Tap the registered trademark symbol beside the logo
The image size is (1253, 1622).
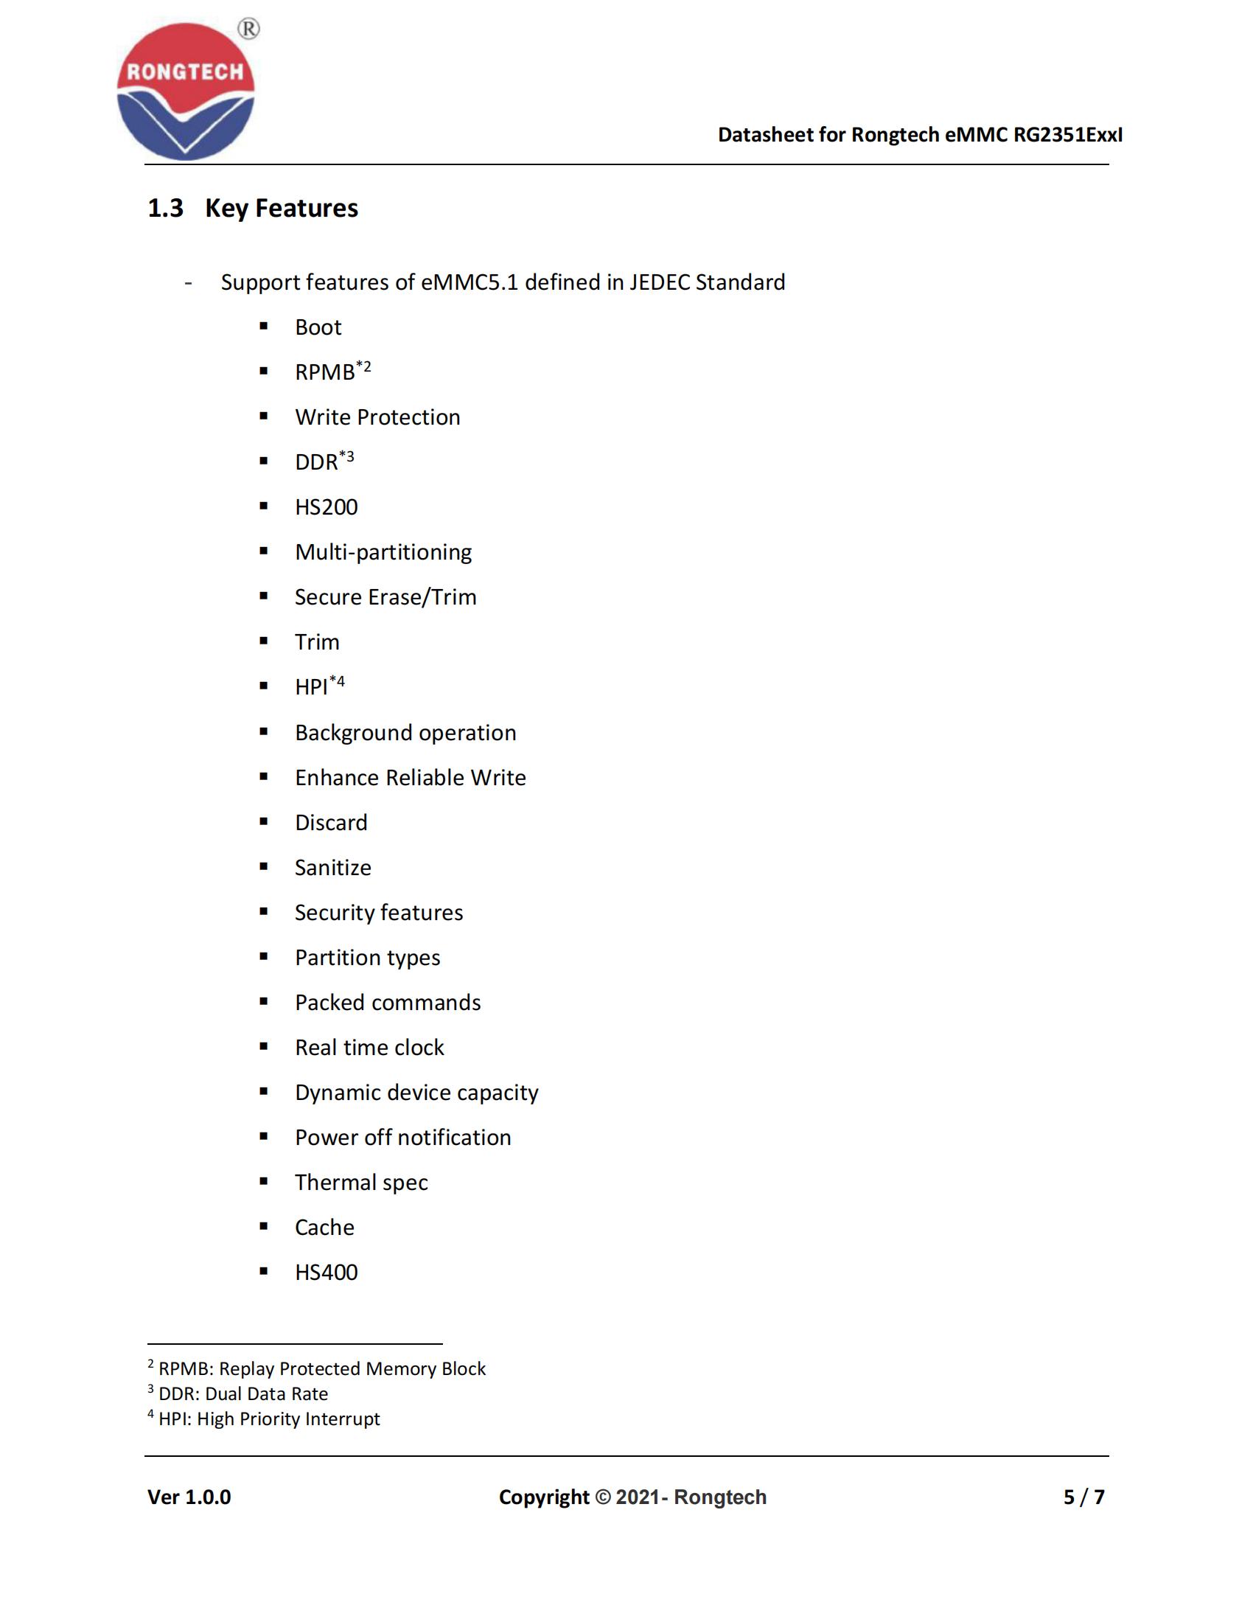(x=248, y=29)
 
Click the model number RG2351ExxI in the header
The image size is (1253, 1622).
(x=1067, y=134)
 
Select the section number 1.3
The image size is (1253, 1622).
(x=165, y=209)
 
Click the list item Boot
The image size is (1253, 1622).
(x=318, y=327)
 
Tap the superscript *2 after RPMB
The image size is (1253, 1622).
(x=363, y=366)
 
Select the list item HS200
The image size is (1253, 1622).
(x=326, y=507)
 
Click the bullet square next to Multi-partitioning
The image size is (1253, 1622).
(x=264, y=551)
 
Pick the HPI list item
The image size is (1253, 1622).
(x=312, y=687)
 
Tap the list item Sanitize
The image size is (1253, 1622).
(x=332, y=868)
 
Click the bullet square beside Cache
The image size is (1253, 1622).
(x=264, y=1226)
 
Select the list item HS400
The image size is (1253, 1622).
(x=326, y=1273)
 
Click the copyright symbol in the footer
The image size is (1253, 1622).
(x=603, y=1497)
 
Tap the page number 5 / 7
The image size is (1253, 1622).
(x=1083, y=1497)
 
